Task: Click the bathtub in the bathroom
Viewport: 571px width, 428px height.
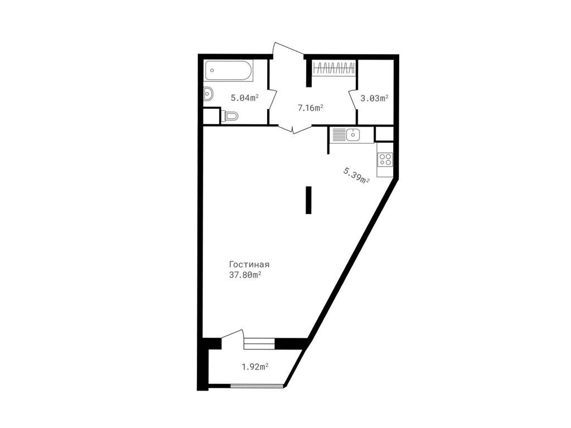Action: click(229, 71)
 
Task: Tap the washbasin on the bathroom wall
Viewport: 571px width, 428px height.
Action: click(208, 94)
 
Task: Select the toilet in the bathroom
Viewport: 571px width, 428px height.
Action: click(229, 116)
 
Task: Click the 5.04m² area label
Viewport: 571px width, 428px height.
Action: click(245, 98)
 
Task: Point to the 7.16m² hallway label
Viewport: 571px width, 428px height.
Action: click(311, 108)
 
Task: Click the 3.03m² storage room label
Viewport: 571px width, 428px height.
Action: click(374, 98)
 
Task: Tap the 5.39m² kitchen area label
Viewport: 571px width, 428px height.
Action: click(356, 175)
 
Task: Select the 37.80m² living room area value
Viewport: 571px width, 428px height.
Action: click(245, 275)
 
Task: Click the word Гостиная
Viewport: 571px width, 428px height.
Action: click(249, 265)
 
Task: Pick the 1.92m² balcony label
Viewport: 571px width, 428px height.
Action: click(255, 367)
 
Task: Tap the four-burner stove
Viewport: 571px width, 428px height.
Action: click(385, 159)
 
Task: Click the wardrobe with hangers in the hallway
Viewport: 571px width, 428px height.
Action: click(334, 69)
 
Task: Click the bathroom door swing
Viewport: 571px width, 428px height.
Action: click(273, 98)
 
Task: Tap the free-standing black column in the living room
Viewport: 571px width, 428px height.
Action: click(308, 200)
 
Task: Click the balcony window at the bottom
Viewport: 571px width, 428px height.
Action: click(257, 385)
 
